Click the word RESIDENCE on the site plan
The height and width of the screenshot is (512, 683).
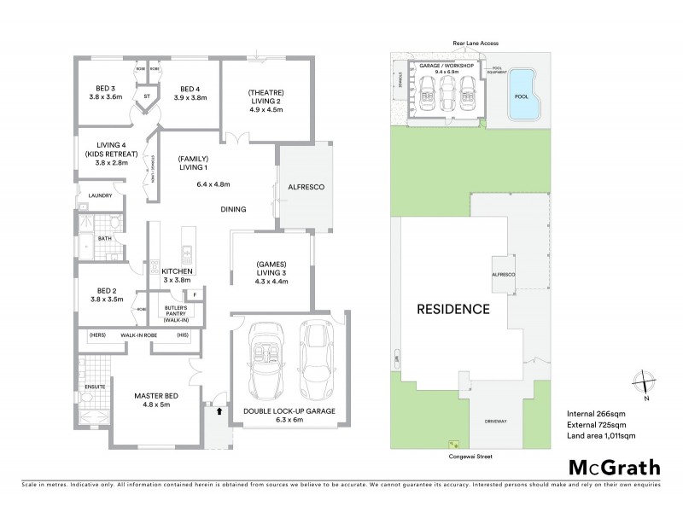pos(453,308)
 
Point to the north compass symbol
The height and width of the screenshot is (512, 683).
pos(645,384)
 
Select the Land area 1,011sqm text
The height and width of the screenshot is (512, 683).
pos(603,436)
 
